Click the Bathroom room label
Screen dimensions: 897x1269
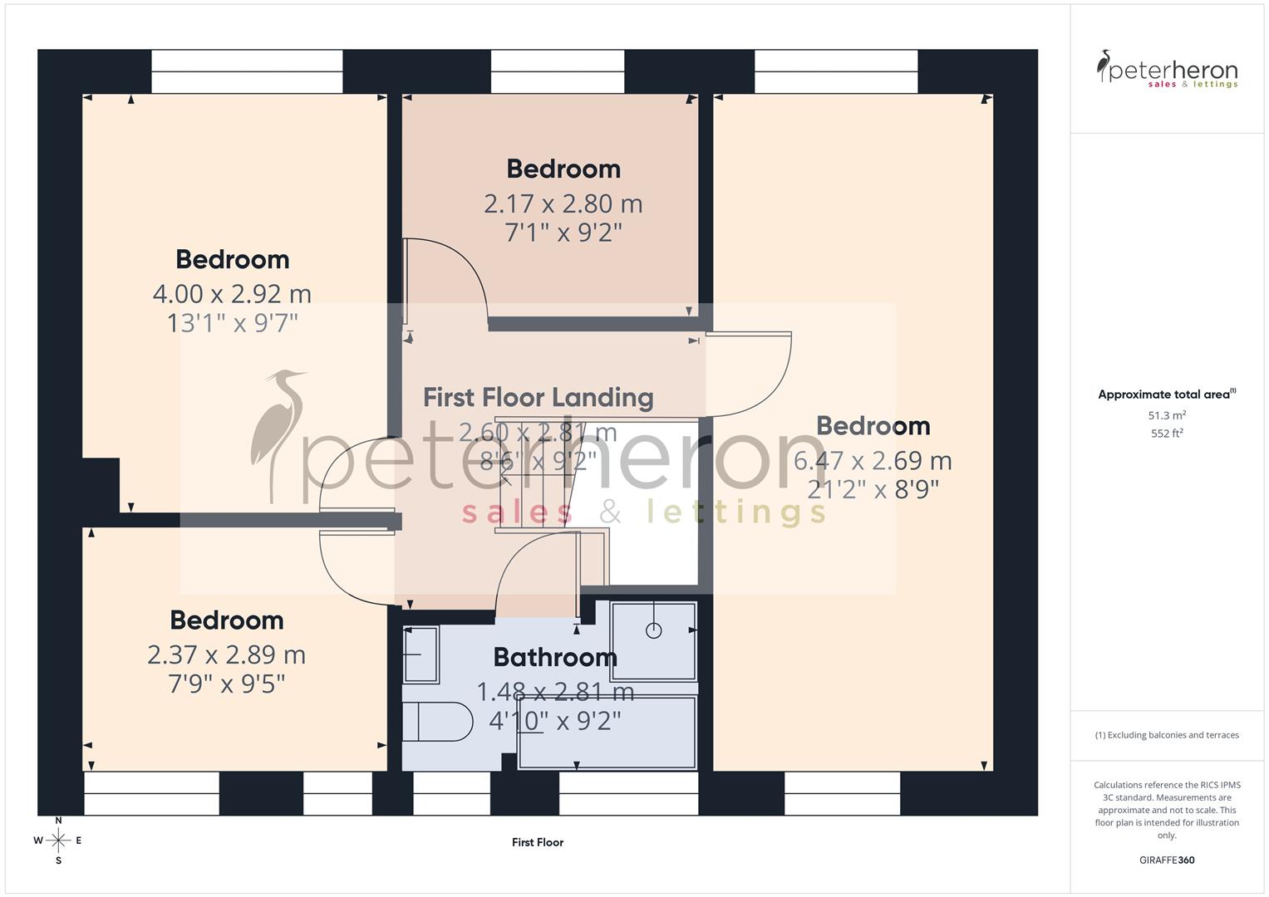(555, 657)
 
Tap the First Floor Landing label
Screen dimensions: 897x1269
(538, 397)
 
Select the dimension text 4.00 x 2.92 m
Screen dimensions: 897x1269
(232, 293)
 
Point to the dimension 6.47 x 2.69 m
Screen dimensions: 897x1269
(873, 460)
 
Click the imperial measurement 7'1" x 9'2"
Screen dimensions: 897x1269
(563, 232)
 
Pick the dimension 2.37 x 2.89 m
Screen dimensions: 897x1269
(226, 654)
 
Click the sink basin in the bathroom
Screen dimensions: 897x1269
(421, 654)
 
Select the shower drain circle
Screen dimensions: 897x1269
(653, 630)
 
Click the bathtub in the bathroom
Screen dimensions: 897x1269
(607, 733)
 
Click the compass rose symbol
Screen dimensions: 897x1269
(58, 841)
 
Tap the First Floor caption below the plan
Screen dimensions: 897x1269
(538, 842)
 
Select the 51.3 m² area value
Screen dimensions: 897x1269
(1167, 415)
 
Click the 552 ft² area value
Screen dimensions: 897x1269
(1167, 434)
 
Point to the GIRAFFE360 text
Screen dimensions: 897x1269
(1167, 860)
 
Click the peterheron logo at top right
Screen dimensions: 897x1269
(1167, 70)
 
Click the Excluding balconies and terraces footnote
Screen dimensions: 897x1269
(1167, 735)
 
